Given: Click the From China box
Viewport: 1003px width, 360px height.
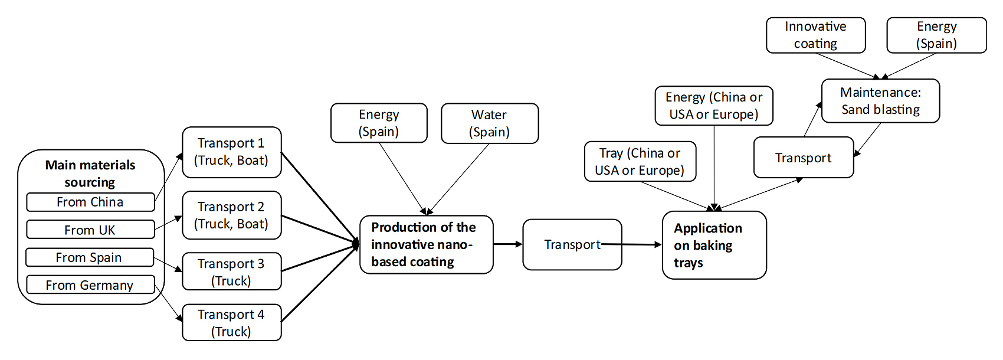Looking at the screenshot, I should click(90, 202).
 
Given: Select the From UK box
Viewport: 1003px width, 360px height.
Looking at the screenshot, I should click(90, 230).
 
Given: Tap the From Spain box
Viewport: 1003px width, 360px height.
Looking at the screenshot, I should click(90, 257).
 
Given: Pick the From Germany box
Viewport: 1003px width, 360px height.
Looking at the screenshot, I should click(90, 285).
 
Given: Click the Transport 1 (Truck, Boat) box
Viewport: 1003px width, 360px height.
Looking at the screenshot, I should click(231, 152).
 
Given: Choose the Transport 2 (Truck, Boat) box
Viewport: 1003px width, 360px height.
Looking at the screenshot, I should click(231, 215).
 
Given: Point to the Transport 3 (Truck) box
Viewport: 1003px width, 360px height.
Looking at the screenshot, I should click(231, 271).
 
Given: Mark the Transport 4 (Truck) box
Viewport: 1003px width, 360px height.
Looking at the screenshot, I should click(231, 322).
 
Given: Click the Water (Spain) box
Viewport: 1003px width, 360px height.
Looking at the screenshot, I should click(490, 123).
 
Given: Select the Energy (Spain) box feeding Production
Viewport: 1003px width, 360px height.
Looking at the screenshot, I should click(379, 123).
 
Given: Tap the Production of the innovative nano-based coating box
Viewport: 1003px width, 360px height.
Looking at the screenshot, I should click(426, 244).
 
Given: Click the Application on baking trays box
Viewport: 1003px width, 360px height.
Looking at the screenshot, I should click(714, 245).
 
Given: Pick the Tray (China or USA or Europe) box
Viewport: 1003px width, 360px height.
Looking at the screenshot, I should click(640, 161).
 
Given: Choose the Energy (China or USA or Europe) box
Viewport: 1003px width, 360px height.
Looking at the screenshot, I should click(714, 106).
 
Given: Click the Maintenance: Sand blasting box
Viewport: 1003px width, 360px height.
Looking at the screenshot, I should click(880, 101).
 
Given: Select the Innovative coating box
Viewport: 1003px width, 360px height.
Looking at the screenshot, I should click(815, 35).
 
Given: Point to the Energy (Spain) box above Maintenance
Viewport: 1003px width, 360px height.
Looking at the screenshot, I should click(936, 35).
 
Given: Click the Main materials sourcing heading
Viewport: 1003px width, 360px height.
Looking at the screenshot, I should click(90, 173).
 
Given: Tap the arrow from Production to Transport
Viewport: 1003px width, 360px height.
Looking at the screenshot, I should click(508, 244).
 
